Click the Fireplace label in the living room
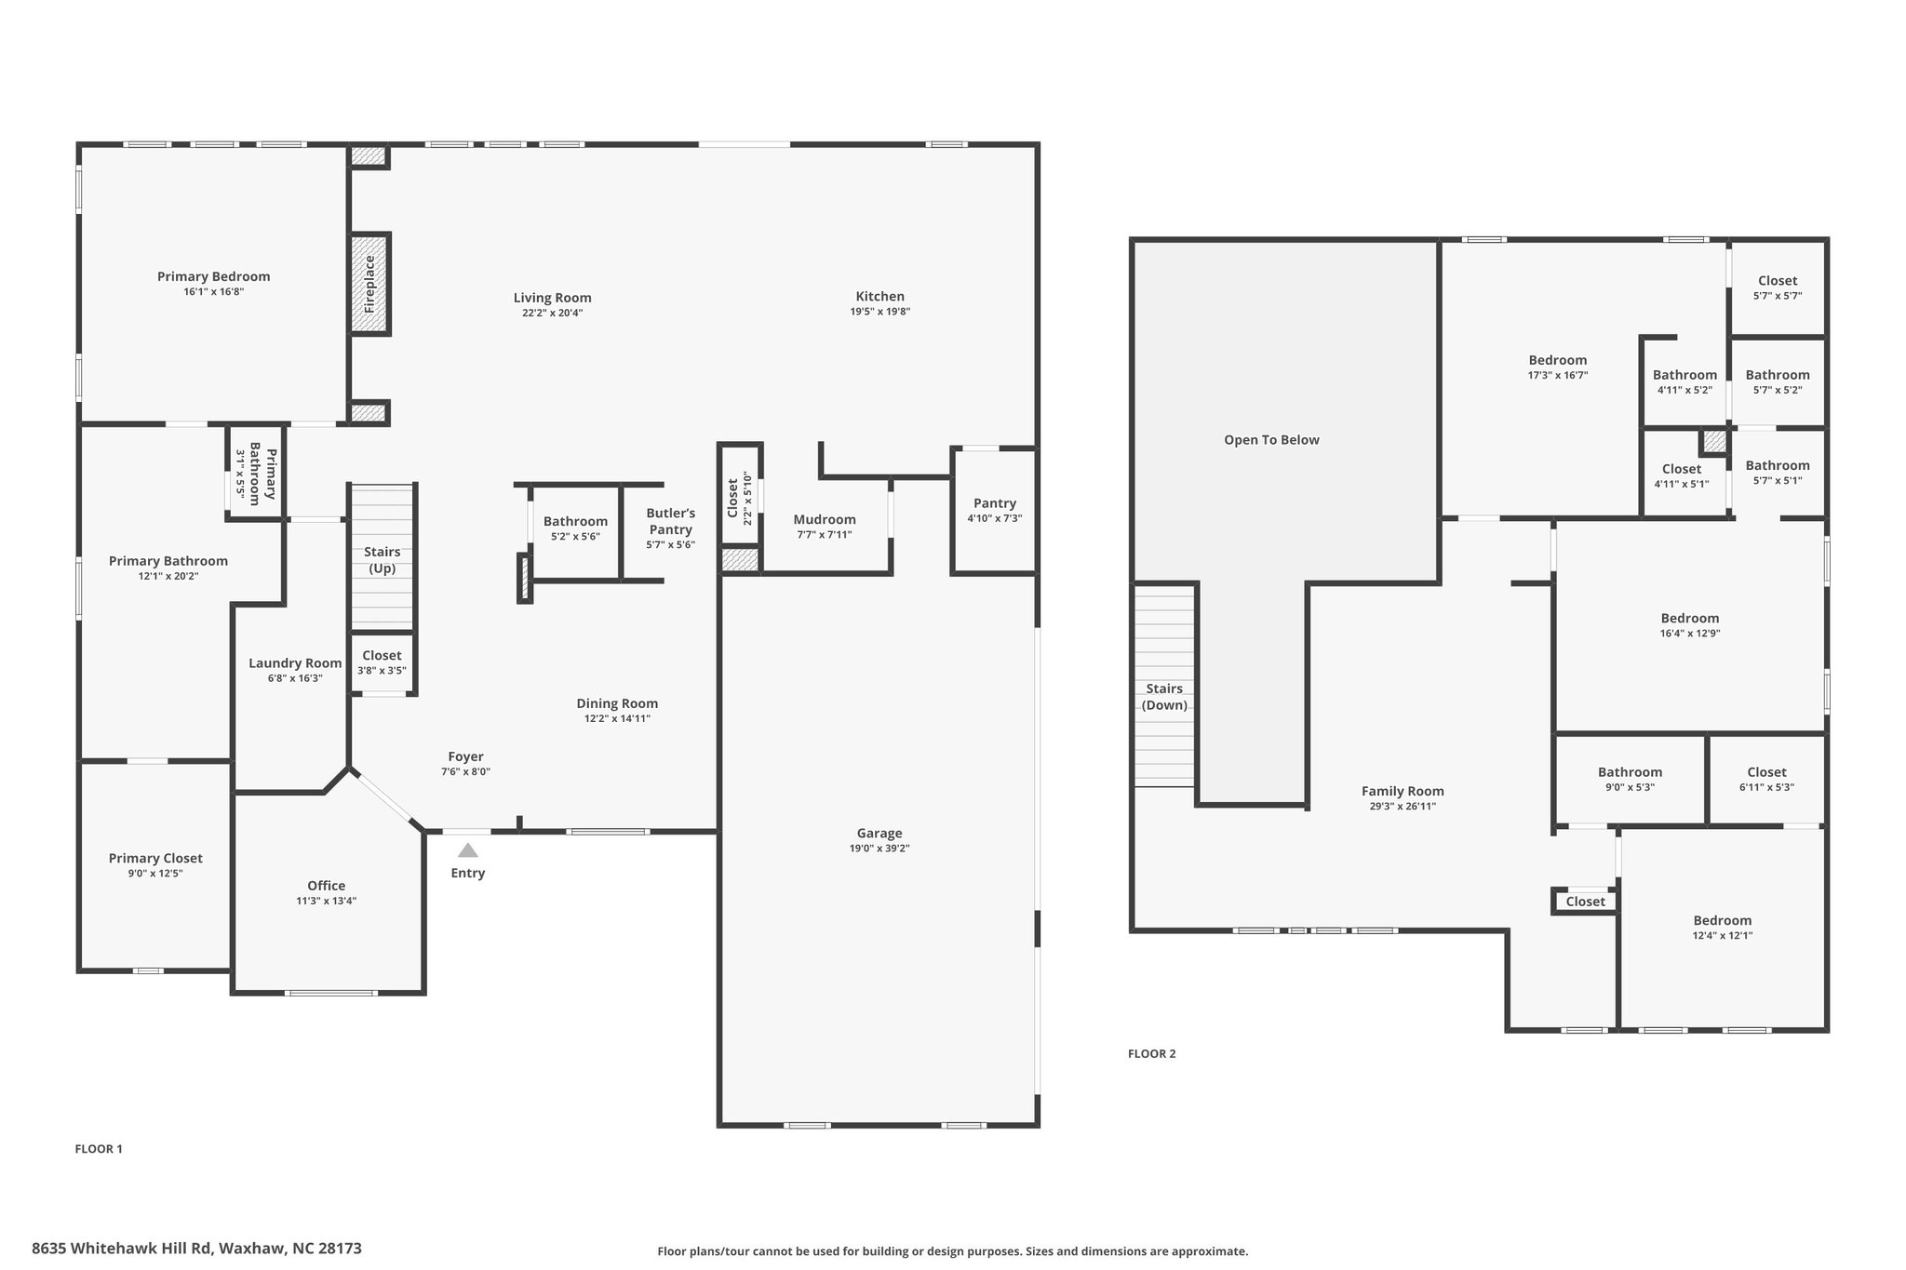click(369, 284)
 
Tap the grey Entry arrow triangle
click(468, 850)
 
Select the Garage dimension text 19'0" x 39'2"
click(879, 849)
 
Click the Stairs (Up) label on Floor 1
click(382, 560)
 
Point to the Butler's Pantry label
click(670, 521)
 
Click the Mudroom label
click(825, 520)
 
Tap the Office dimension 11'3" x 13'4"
click(326, 901)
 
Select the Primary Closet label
click(155, 858)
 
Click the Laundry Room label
click(295, 663)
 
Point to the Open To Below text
click(1271, 440)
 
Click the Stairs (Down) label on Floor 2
click(1164, 697)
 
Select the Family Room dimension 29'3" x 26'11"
click(1403, 807)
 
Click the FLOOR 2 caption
click(1151, 1054)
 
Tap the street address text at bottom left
click(196, 1249)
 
